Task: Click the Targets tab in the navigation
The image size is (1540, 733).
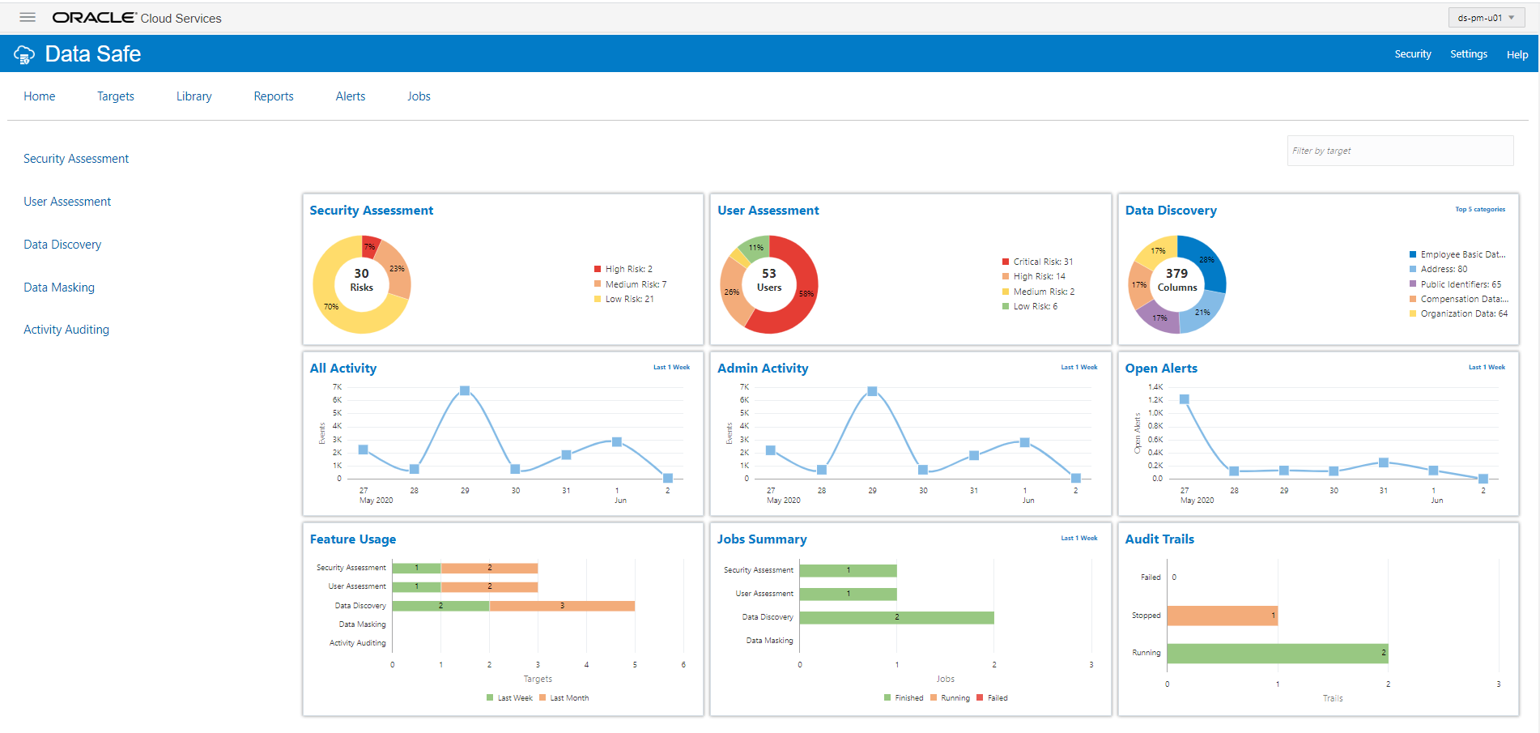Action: tap(116, 96)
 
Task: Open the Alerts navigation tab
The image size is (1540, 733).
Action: tap(350, 96)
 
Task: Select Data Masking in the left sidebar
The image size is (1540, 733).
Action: tap(59, 288)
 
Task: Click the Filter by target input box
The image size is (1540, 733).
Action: tap(1399, 151)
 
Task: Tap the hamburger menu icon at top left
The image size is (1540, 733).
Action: tap(28, 17)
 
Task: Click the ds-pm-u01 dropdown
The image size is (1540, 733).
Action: tap(1486, 18)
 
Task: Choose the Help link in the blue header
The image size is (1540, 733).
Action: tap(1517, 54)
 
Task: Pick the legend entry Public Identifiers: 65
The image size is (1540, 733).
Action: tap(1459, 284)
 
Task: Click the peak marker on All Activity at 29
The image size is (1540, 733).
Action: tap(465, 390)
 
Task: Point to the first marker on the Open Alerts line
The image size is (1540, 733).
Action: tap(1184, 399)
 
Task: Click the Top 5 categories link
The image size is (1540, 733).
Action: tap(1480, 210)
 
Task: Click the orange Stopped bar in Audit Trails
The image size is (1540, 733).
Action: tap(1222, 616)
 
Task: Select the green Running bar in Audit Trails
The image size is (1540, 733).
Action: tap(1277, 653)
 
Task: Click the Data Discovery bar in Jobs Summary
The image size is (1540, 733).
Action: tap(896, 617)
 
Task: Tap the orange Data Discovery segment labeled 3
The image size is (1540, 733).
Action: tap(562, 606)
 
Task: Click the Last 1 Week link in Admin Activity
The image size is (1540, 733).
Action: tap(1079, 368)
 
